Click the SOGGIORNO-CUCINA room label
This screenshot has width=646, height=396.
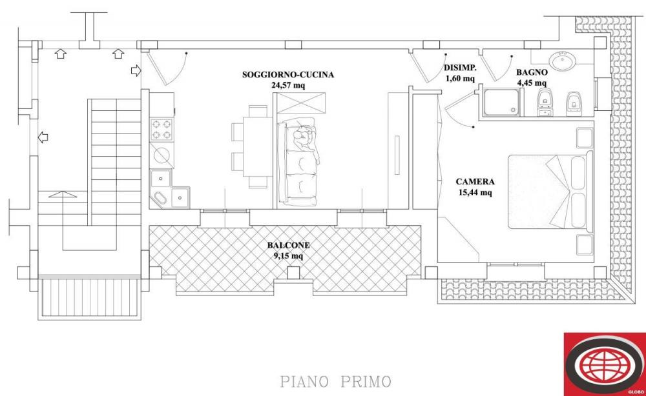point(287,75)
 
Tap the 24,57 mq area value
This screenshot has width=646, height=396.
point(287,84)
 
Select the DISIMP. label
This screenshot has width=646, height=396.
point(460,68)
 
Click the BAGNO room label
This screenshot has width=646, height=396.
point(532,73)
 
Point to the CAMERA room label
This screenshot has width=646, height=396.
point(475,182)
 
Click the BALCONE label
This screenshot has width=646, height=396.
point(288,245)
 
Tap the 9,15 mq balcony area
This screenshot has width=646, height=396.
point(288,255)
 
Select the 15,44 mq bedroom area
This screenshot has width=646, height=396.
point(475,192)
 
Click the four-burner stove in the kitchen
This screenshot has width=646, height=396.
point(162,129)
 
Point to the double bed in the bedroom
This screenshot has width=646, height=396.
point(549,191)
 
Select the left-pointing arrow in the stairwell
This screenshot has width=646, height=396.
point(43,137)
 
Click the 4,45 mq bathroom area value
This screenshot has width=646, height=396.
point(532,83)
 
